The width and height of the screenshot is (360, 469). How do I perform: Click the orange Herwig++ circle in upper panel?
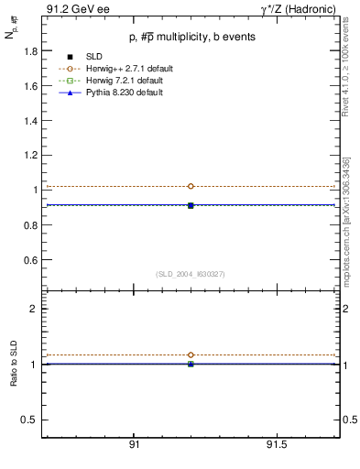pyautogui.click(x=191, y=186)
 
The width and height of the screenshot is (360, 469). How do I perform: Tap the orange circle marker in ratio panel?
pyautogui.click(x=191, y=354)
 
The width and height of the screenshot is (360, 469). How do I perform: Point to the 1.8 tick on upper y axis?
pyautogui.click(x=29, y=51)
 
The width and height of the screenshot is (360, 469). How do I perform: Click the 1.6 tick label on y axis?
pyautogui.click(x=29, y=86)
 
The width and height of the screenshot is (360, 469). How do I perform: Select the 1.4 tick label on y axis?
pyautogui.click(x=29, y=121)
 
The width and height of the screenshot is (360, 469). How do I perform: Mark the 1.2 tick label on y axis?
pyautogui.click(x=29, y=156)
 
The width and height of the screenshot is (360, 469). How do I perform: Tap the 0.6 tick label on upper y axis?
pyautogui.click(x=29, y=260)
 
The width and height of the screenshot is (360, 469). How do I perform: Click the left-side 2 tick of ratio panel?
pyautogui.click(x=34, y=309)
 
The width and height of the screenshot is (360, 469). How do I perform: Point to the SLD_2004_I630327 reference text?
pyautogui.click(x=191, y=274)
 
